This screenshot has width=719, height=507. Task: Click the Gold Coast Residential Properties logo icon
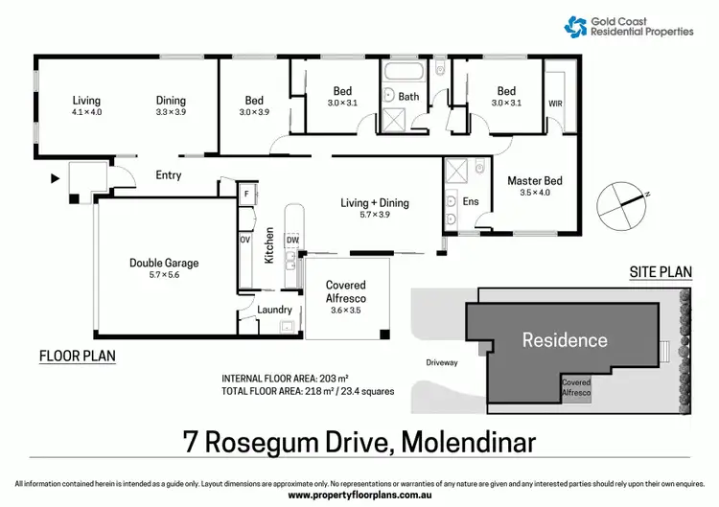click(x=577, y=26)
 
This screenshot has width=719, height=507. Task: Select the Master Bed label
click(x=534, y=180)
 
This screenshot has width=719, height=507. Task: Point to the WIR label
click(x=555, y=103)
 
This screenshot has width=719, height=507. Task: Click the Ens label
click(x=470, y=201)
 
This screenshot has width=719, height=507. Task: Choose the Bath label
click(x=409, y=96)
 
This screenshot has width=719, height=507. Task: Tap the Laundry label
click(x=274, y=310)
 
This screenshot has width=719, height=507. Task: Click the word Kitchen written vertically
click(x=270, y=245)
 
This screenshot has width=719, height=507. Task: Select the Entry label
click(x=168, y=175)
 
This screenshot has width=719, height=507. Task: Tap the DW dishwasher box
click(x=292, y=239)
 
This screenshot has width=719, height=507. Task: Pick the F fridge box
click(x=246, y=193)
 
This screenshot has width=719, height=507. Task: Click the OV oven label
click(x=245, y=240)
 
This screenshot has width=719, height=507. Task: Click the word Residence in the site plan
click(x=564, y=339)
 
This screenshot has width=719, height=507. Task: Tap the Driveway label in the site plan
click(x=444, y=363)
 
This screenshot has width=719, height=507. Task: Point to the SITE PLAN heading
click(x=660, y=272)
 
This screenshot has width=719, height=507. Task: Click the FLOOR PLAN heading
click(x=77, y=356)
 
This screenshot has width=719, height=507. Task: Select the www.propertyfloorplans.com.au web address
click(x=359, y=495)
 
